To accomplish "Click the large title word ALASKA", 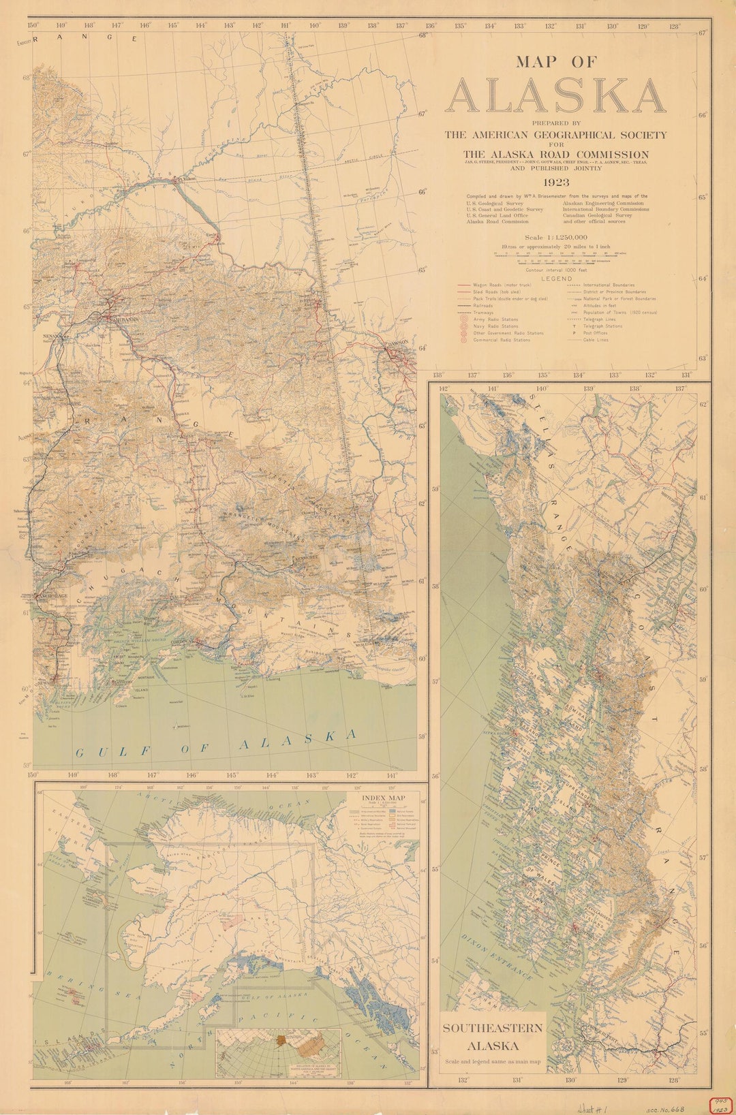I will [x=555, y=97].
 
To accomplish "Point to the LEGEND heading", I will [x=557, y=279].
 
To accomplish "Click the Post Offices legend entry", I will [x=597, y=333].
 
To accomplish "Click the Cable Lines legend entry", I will [x=596, y=340].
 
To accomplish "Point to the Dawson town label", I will [x=397, y=343].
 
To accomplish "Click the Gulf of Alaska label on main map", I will [x=215, y=744].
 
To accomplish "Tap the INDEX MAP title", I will [x=383, y=798].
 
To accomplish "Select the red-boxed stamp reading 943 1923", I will [x=718, y=1103].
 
